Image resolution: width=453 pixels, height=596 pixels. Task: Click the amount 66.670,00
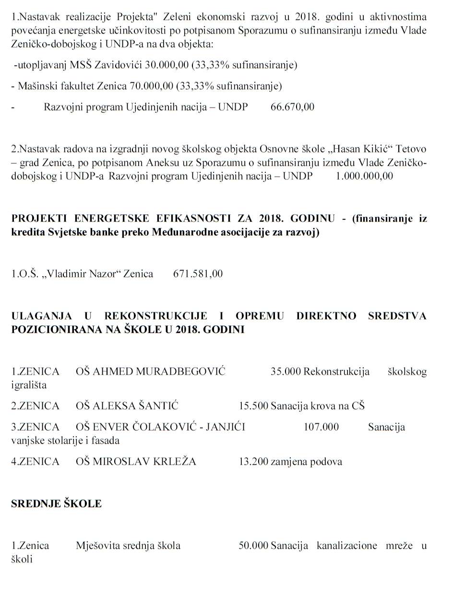(293, 107)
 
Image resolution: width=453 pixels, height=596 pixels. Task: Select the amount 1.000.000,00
(364, 176)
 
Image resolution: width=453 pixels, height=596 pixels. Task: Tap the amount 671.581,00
(198, 274)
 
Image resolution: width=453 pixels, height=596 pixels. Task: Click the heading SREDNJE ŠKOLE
(57, 503)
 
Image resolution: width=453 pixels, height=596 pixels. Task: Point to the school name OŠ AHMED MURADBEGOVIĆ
(151, 371)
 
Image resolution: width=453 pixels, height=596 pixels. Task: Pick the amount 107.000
(321, 427)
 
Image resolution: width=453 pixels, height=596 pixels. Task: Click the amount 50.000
(253, 546)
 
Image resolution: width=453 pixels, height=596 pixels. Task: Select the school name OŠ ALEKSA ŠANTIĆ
(127, 406)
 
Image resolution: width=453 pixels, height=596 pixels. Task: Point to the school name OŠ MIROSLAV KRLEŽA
(136, 462)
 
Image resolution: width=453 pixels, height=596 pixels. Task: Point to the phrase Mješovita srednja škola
(128, 546)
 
